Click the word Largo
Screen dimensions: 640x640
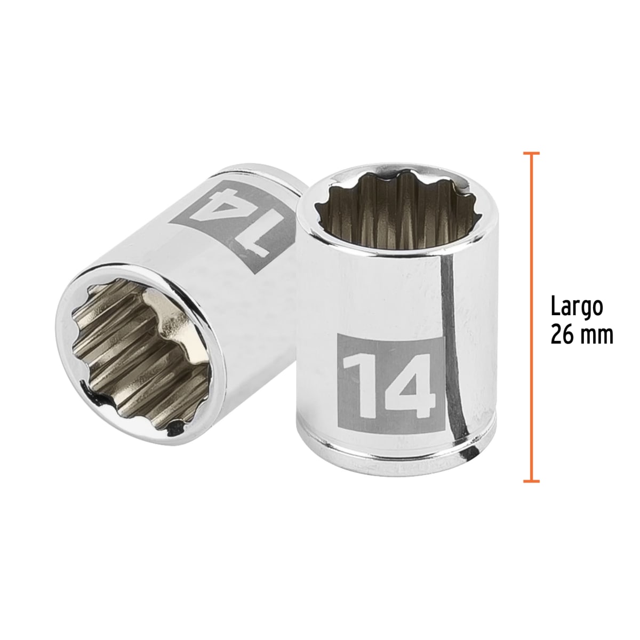(577, 308)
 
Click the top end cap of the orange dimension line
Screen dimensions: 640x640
(531, 153)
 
